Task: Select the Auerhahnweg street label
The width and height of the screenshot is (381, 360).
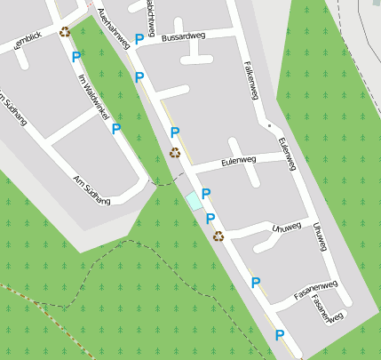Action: click(114, 28)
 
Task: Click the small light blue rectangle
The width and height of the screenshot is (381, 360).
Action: click(193, 202)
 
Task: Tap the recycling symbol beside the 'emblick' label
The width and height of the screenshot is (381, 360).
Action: click(65, 33)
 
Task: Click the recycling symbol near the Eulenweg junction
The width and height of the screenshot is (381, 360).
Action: click(175, 152)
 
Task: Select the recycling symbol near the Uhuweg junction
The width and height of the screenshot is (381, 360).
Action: click(218, 236)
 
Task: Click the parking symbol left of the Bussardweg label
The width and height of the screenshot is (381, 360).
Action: click(139, 38)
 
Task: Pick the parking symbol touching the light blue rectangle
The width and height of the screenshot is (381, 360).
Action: click(206, 194)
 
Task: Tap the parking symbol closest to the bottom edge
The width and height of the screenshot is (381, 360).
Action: click(280, 335)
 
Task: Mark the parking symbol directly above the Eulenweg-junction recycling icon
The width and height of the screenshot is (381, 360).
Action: click(175, 133)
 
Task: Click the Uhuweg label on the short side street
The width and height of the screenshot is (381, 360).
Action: click(288, 227)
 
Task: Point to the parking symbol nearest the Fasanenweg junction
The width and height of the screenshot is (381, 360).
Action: click(256, 283)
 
